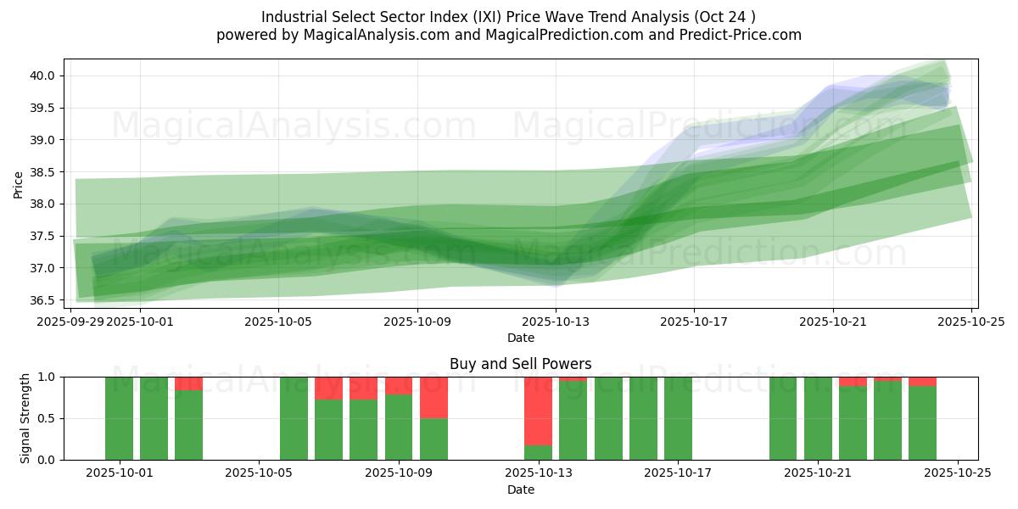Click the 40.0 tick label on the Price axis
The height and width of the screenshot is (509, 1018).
43,76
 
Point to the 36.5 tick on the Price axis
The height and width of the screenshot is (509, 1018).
43,300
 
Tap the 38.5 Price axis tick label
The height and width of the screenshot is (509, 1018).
43,172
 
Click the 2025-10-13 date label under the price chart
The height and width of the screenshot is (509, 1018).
556,322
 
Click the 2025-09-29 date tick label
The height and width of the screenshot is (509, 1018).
70,322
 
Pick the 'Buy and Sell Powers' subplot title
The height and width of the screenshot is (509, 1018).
520,364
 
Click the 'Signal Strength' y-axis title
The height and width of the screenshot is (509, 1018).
25,418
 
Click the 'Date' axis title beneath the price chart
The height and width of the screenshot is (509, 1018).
520,338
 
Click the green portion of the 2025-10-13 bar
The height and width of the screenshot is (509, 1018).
539,452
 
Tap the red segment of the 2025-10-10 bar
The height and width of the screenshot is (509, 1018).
433,397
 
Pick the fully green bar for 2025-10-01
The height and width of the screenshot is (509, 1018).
119,418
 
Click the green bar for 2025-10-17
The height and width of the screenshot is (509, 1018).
678,418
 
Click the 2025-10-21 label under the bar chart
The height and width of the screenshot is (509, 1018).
818,473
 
